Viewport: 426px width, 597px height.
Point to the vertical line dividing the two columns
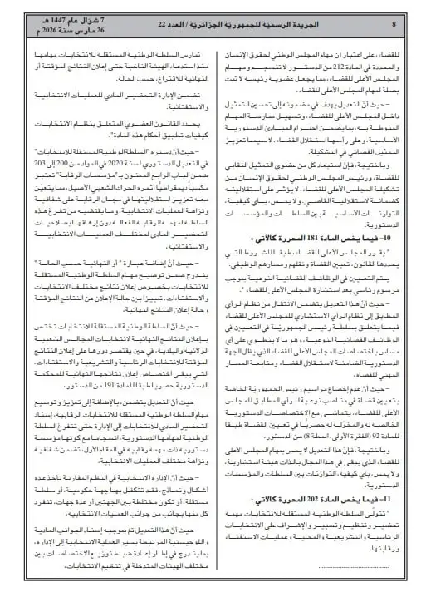coord(213,316)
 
